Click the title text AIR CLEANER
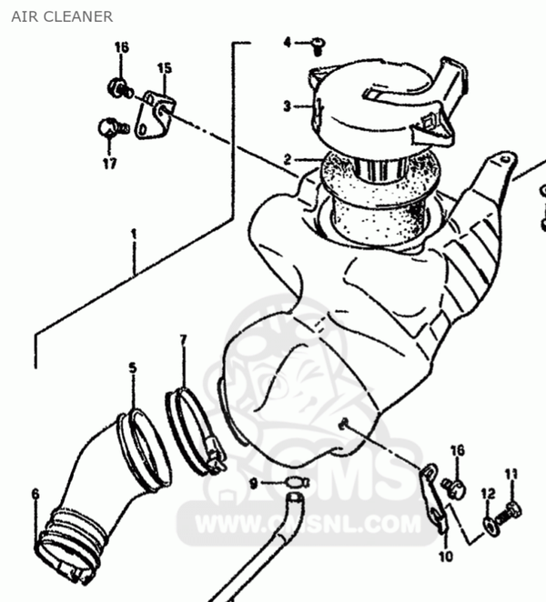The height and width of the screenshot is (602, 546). pos(62,17)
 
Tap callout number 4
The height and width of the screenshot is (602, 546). pos(288,42)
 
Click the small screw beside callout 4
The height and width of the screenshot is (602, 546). pos(318,46)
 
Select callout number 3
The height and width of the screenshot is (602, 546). pos(287,105)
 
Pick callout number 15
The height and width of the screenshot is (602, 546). pos(164,68)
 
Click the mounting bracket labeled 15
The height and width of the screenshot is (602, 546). pos(155,115)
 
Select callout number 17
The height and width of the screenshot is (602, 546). pos(109,163)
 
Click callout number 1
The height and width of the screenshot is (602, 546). pos(134,235)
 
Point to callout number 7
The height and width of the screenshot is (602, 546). pos(183,340)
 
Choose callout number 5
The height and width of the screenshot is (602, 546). pos(133,367)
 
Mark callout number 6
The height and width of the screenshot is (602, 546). pos(35,494)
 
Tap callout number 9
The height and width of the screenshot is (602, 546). pos(254,484)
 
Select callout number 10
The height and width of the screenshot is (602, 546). pos(446,556)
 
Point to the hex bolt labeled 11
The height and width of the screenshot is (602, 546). pos(509,515)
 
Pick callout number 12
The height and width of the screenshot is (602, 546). pos(489,494)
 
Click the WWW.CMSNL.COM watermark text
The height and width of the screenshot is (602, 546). pos(308,524)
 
